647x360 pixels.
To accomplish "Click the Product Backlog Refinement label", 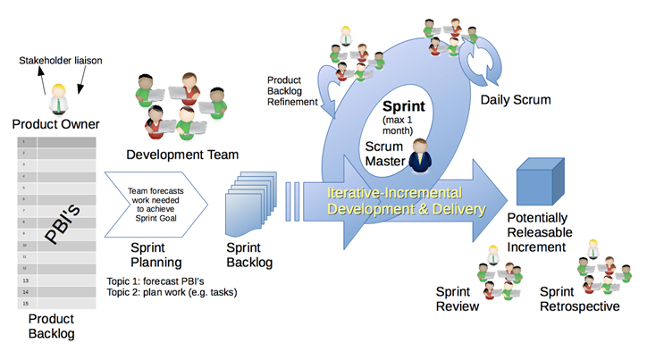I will pyautogui.click(x=292, y=90).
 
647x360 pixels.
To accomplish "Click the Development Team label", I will pyautogui.click(x=182, y=153).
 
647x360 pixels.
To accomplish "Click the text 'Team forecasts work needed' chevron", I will pyautogui.click(x=155, y=196).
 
